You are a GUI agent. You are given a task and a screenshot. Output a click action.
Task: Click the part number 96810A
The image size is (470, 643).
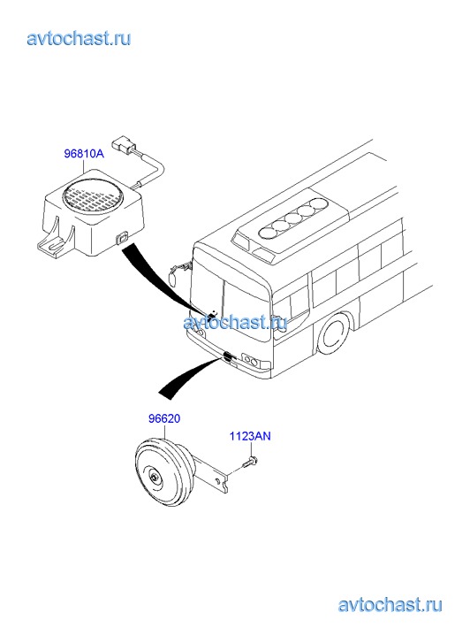(x=84, y=154)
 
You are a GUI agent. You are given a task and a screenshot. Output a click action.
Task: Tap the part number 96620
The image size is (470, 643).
(x=164, y=418)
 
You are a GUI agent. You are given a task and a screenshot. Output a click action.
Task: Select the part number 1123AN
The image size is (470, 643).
(x=250, y=435)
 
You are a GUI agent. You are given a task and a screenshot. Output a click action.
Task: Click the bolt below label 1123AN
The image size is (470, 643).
(x=249, y=463)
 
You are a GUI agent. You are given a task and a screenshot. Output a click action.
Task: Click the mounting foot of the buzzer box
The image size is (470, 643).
(x=55, y=242)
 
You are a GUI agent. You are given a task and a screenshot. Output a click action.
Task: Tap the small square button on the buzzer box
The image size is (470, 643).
(x=122, y=237)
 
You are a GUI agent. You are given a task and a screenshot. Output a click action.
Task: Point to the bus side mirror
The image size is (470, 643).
(x=174, y=277)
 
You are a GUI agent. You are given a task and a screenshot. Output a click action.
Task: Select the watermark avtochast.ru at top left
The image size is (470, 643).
(x=80, y=39)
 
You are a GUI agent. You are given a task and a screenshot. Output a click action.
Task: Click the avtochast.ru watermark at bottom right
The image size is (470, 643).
(x=390, y=605)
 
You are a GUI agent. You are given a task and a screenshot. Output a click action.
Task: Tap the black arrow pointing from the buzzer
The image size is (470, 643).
(x=164, y=279)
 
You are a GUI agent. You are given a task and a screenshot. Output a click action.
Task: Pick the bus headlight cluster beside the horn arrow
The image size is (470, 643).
(x=251, y=361)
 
